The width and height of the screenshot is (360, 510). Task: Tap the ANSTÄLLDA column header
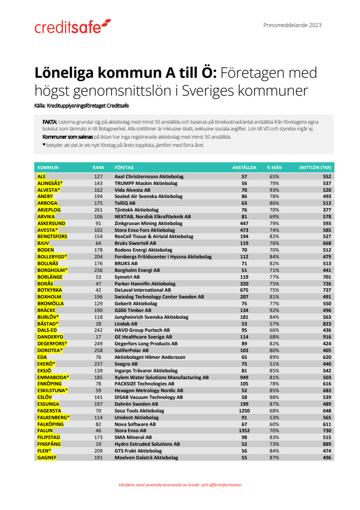pyautogui.click(x=244, y=167)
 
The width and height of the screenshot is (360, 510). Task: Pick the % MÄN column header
pyautogui.click(x=274, y=167)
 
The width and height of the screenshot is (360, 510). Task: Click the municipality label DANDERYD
pyautogui.click(x=50, y=336)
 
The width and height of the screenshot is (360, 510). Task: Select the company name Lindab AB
pyautogui.click(x=125, y=323)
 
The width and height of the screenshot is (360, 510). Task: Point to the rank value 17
pyautogui.click(x=98, y=336)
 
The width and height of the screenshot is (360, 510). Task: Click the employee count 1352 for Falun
pyautogui.click(x=244, y=430)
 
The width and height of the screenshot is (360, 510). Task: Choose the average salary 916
pyautogui.click(x=327, y=336)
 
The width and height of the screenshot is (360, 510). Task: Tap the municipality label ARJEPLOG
pyautogui.click(x=50, y=210)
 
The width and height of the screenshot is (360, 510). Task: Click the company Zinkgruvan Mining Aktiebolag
pyautogui.click(x=148, y=223)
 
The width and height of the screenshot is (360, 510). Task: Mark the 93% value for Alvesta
pyautogui.click(x=274, y=190)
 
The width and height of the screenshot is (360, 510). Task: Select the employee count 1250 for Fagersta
pyautogui.click(x=244, y=411)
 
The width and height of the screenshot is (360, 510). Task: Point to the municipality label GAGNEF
pyautogui.click(x=47, y=457)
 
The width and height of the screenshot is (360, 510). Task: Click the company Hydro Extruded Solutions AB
pyautogui.click(x=147, y=444)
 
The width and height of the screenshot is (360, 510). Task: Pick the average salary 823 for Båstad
pyautogui.click(x=327, y=323)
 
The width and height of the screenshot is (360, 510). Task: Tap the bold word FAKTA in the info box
pyautogui.click(x=50, y=122)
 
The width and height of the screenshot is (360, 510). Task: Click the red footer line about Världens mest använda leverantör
pyautogui.click(x=180, y=485)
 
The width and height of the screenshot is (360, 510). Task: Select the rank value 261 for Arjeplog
pyautogui.click(x=98, y=210)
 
